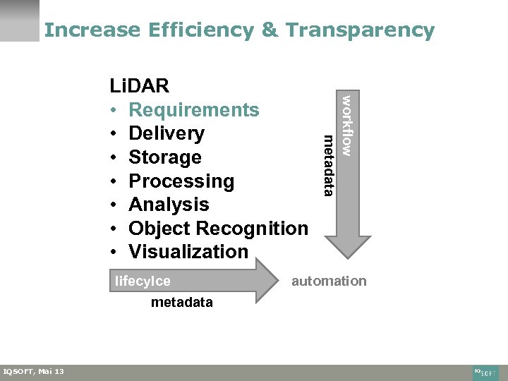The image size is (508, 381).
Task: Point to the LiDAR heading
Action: pos(139,86)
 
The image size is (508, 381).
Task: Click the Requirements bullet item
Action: pos(194,110)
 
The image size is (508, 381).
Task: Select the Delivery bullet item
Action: pos(167,133)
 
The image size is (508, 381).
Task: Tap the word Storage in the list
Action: pos(165,157)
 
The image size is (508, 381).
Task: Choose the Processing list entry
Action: pos(181,181)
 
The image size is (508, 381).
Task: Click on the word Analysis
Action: pos(169,205)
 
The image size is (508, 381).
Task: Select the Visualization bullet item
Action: pos(188,252)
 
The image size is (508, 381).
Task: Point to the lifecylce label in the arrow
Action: pos(143,281)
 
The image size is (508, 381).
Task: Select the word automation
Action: pos(329,281)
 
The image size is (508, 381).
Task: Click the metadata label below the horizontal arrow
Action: pos(181,302)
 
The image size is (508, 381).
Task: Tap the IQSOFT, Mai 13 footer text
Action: pos(34,372)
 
